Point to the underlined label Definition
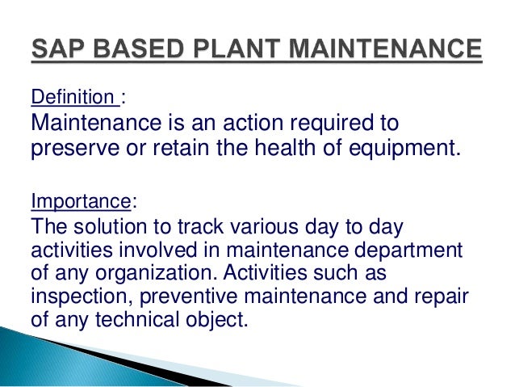pyautogui.click(x=73, y=99)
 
